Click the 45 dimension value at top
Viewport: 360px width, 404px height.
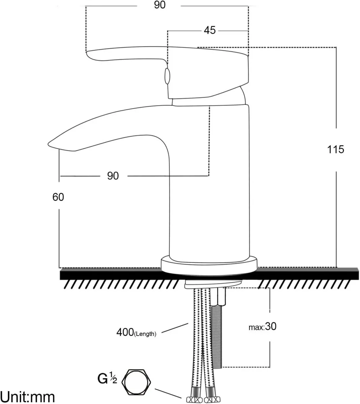click(x=210, y=30)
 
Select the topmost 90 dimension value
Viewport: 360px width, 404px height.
click(x=160, y=5)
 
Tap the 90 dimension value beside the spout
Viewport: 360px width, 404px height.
click(x=113, y=176)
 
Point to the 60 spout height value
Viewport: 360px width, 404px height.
click(x=58, y=197)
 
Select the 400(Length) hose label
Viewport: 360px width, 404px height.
click(x=136, y=333)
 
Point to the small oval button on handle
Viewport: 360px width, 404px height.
click(x=167, y=76)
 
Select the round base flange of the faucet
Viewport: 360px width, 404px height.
click(x=209, y=264)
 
